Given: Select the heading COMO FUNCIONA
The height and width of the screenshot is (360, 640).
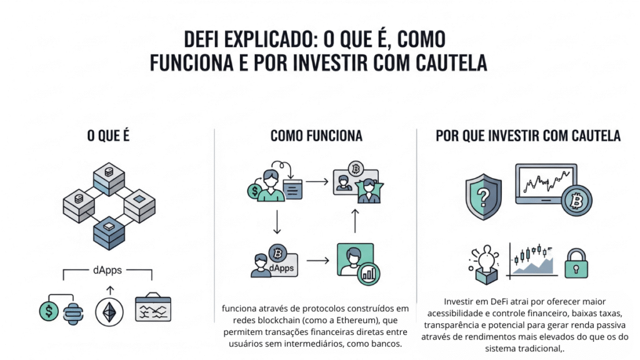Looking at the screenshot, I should [x=316, y=136].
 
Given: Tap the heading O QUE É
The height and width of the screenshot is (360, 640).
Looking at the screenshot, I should [x=108, y=136].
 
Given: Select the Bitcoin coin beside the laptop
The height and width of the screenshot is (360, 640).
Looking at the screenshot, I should [x=576, y=200].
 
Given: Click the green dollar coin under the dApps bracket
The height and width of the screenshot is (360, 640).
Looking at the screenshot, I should [x=47, y=310].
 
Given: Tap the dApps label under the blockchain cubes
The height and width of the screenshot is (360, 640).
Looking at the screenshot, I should [x=107, y=271].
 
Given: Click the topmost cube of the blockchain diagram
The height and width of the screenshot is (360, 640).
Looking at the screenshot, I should [x=109, y=177].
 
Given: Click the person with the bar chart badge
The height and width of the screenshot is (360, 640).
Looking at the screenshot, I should [x=355, y=261].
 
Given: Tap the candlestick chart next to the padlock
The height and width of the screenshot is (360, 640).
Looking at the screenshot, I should [x=532, y=261].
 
